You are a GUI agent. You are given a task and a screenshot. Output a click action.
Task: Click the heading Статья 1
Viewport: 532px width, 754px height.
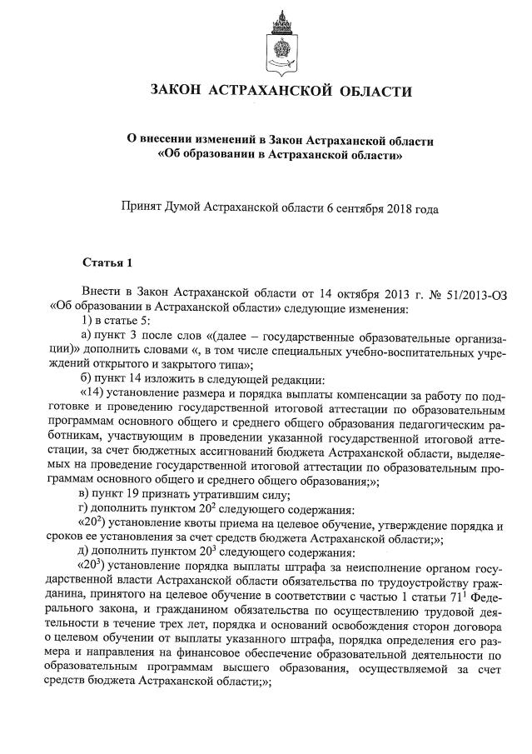pos(107,264)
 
